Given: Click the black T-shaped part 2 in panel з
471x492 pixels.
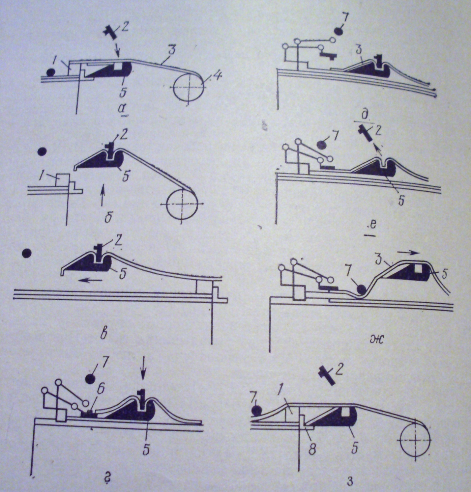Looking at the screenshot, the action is pyautogui.click(x=326, y=375).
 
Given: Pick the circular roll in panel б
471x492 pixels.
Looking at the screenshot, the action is pyautogui.click(x=182, y=205).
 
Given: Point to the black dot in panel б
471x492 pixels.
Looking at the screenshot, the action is pyautogui.click(x=42, y=152).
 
